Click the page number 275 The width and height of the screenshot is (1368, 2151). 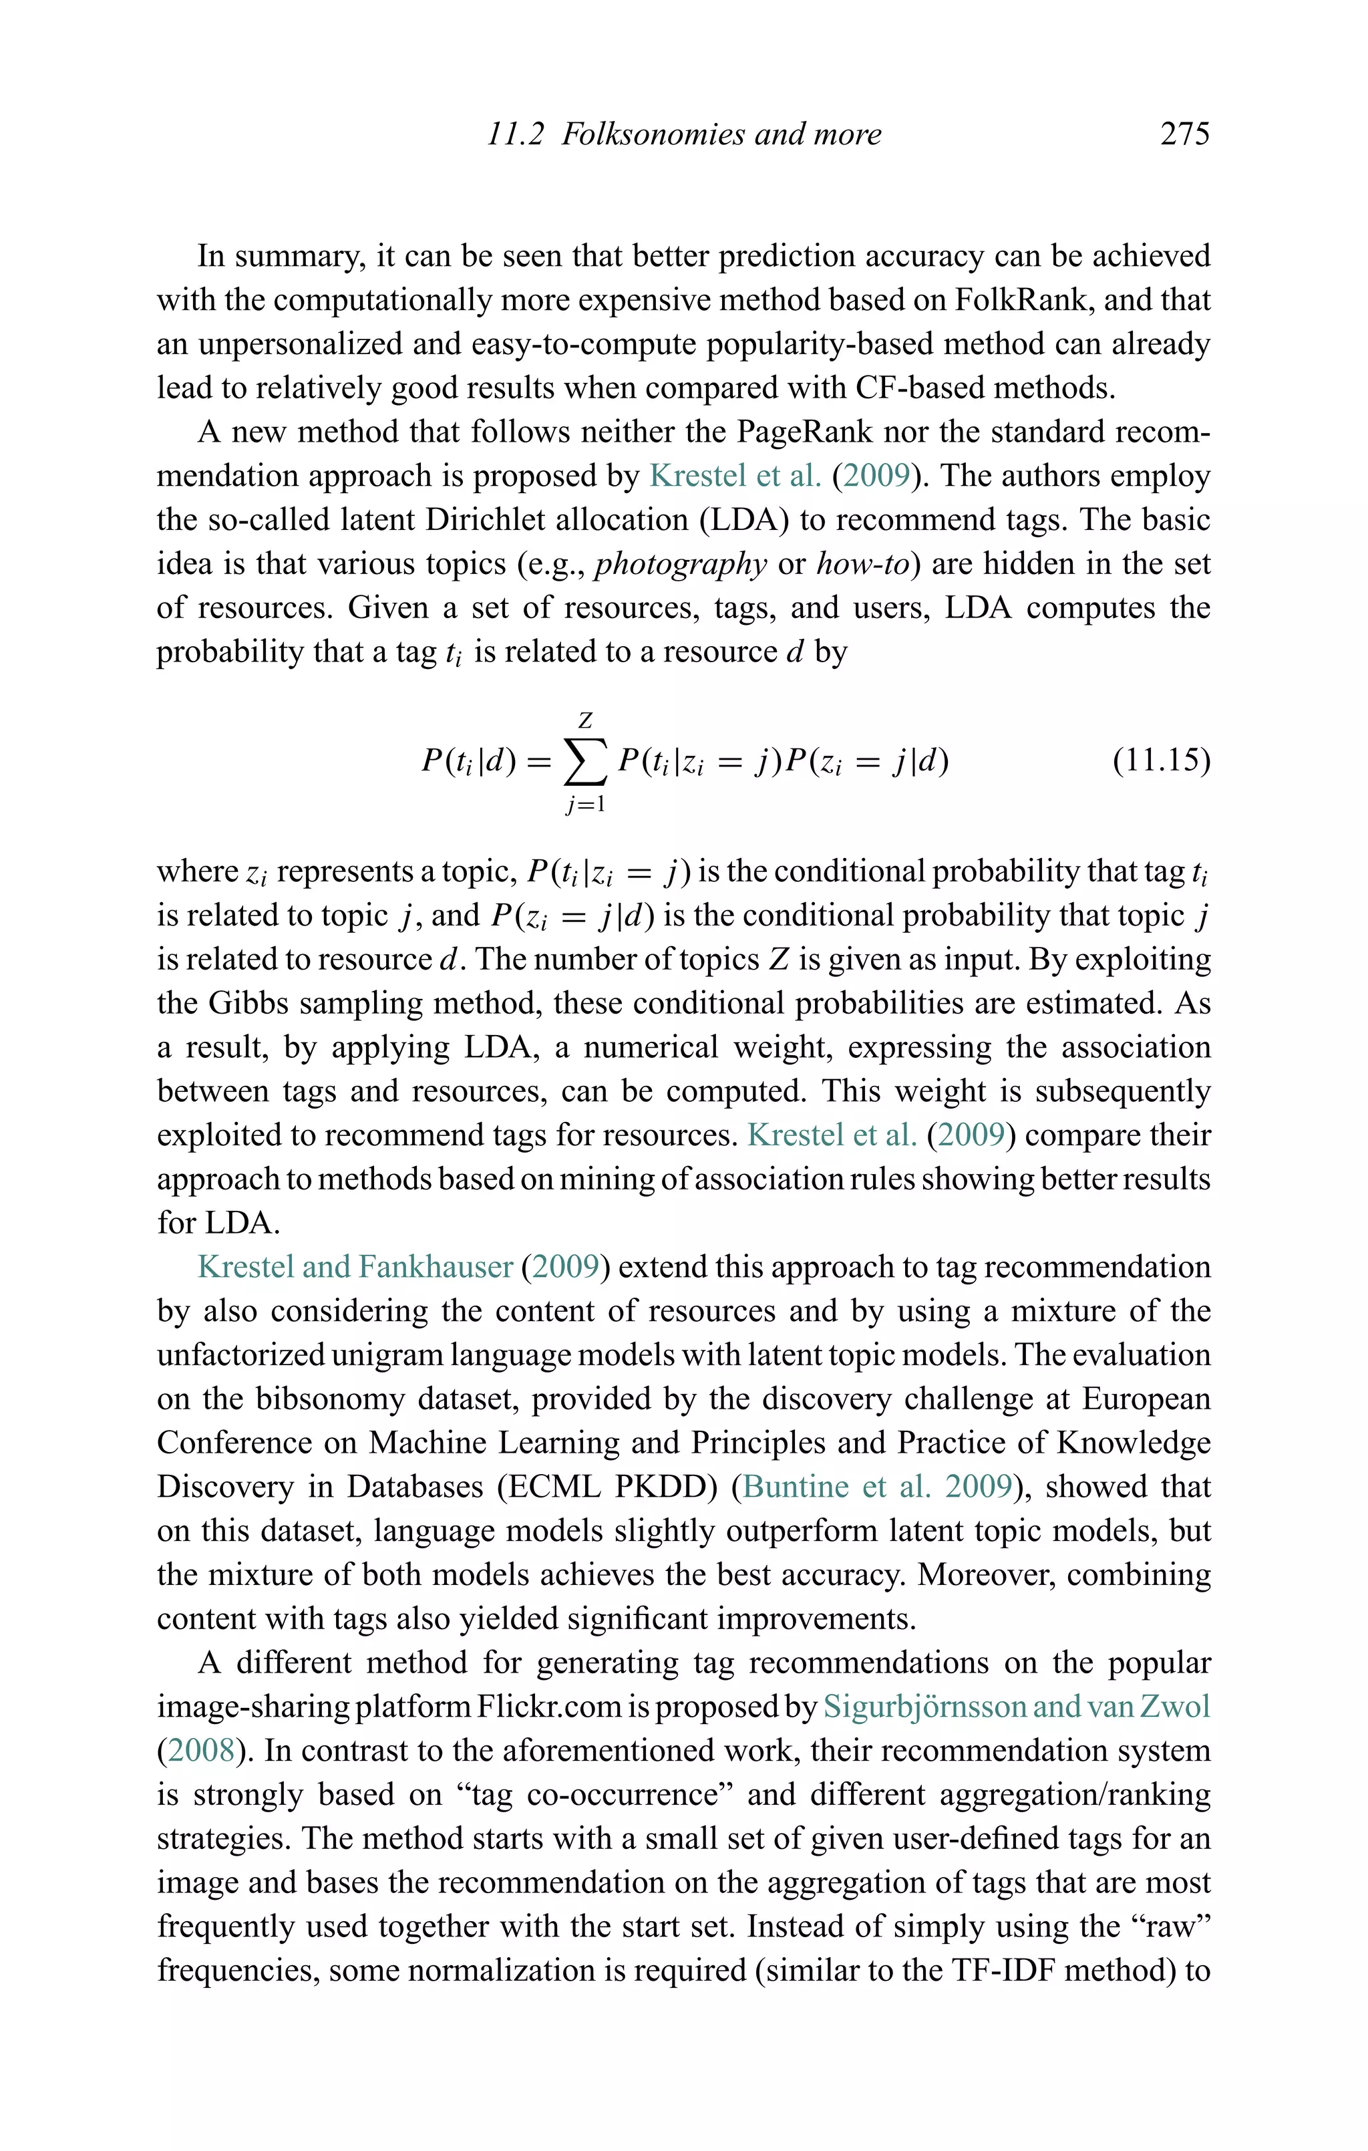[1184, 134]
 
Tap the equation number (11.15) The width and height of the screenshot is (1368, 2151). [1161, 760]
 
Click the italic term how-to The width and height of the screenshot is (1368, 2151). [862, 564]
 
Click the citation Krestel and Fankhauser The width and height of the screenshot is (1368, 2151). [355, 1267]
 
